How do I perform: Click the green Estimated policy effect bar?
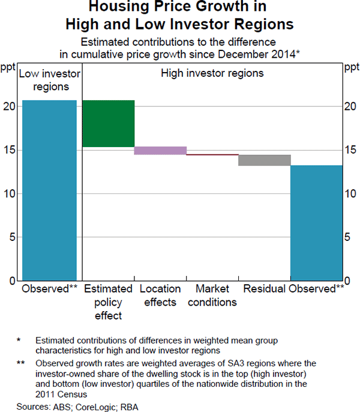[x=108, y=124]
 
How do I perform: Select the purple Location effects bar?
[x=160, y=151]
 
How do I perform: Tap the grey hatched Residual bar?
[x=265, y=160]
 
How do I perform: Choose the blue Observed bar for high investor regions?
[x=317, y=223]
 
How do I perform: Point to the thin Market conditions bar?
[x=212, y=155]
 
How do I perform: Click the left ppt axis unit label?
[x=8, y=66]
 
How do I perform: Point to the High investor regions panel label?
[x=212, y=74]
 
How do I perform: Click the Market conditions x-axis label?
[x=212, y=295]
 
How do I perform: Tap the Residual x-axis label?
[x=264, y=289]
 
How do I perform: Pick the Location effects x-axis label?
[x=160, y=295]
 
